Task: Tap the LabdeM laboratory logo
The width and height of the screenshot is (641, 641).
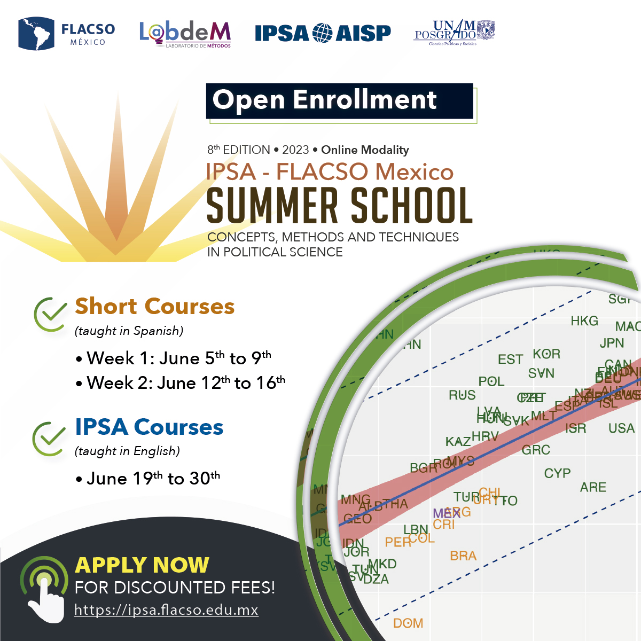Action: click(x=185, y=34)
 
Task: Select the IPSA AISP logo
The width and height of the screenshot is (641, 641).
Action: click(x=323, y=33)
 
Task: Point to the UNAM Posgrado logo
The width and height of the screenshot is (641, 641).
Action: click(x=455, y=33)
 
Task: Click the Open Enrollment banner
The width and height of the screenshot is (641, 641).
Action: click(x=339, y=100)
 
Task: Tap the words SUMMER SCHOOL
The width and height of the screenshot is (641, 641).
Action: click(x=339, y=206)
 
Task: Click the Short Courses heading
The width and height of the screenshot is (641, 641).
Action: click(x=154, y=307)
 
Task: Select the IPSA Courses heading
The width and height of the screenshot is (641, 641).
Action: click(x=149, y=427)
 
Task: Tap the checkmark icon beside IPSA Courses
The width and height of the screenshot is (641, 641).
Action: click(x=49, y=438)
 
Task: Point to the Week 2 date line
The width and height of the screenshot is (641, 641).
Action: click(x=186, y=383)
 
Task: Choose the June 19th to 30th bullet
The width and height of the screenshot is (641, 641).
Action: click(x=153, y=478)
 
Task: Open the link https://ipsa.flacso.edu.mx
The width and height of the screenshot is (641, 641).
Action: click(x=166, y=610)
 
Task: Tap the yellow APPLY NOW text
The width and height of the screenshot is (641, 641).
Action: click(x=142, y=565)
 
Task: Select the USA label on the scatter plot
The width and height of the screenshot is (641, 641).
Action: click(x=621, y=428)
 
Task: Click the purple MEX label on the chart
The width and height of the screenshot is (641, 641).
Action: click(x=446, y=514)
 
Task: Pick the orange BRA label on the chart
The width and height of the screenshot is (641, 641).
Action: click(x=463, y=556)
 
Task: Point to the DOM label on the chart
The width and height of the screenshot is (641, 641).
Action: click(x=408, y=623)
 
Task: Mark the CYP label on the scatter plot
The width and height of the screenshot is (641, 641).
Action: click(x=557, y=473)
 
